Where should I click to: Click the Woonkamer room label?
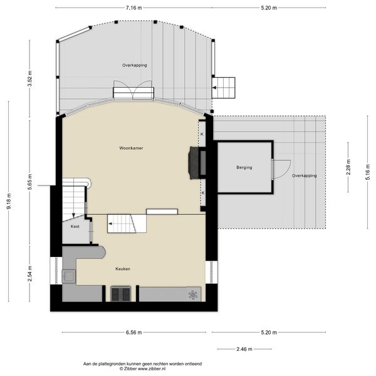tap(131, 148)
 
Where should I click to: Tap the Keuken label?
tap(123, 269)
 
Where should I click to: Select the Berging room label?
tap(244, 167)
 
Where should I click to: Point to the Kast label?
tap(75, 226)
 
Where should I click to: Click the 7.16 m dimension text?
tap(134, 8)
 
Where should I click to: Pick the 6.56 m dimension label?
tap(134, 332)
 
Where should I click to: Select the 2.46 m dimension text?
tap(244, 349)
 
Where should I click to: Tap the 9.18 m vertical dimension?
tap(9, 201)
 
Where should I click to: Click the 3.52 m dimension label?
tap(29, 79)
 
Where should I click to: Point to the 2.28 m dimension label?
tap(348, 167)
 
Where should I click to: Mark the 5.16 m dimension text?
tap(368, 172)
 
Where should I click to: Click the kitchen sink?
tap(69, 276)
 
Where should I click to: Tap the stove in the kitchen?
tap(120, 294)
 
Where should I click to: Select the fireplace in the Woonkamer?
tap(194, 163)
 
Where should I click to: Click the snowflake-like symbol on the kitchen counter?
tap(193, 295)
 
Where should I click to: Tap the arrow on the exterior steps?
tap(214, 88)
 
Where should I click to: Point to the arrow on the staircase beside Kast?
tap(73, 215)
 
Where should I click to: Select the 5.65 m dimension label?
tap(29, 182)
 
